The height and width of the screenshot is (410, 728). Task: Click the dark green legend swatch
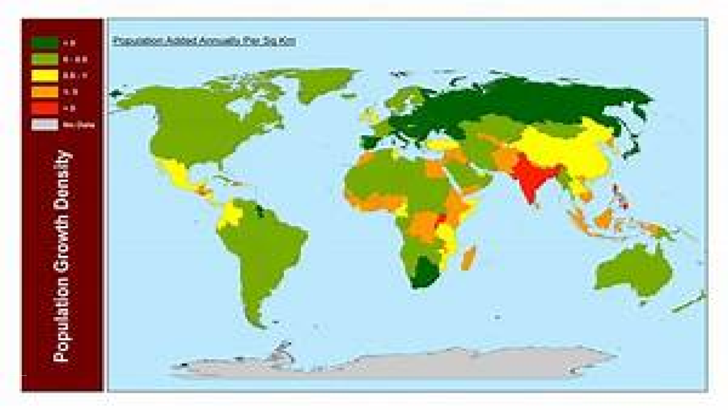pyautogui.click(x=44, y=43)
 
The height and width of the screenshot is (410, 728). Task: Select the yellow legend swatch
pyautogui.click(x=44, y=75)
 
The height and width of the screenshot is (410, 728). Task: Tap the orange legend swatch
pyautogui.click(x=44, y=91)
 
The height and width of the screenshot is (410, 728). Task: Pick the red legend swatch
pyautogui.click(x=44, y=107)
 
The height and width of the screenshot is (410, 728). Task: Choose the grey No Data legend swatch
pyautogui.click(x=44, y=124)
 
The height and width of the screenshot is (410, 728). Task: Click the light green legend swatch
pyautogui.click(x=44, y=59)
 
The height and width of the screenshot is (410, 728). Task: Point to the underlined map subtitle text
pyautogui.click(x=204, y=41)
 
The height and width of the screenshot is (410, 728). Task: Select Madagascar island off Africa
pyautogui.click(x=469, y=258)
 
